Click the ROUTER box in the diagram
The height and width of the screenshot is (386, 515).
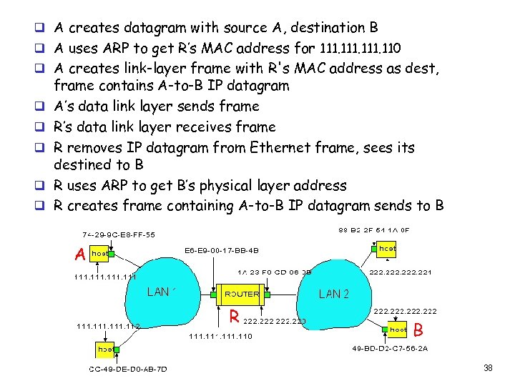tap(242, 294)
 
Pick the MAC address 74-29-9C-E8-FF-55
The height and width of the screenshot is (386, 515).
tap(118, 234)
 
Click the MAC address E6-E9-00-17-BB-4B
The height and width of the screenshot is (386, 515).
tap(222, 251)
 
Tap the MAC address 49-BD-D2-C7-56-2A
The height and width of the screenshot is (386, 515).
tap(389, 349)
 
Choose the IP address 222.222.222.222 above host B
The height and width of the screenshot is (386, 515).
tap(406, 312)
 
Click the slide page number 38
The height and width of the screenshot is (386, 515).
tap(489, 368)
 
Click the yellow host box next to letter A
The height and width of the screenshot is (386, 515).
tap(99, 254)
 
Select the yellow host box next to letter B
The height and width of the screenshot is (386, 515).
tap(398, 330)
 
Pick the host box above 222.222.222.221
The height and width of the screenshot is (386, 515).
tap(388, 247)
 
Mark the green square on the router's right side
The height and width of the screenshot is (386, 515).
tap(268, 294)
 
